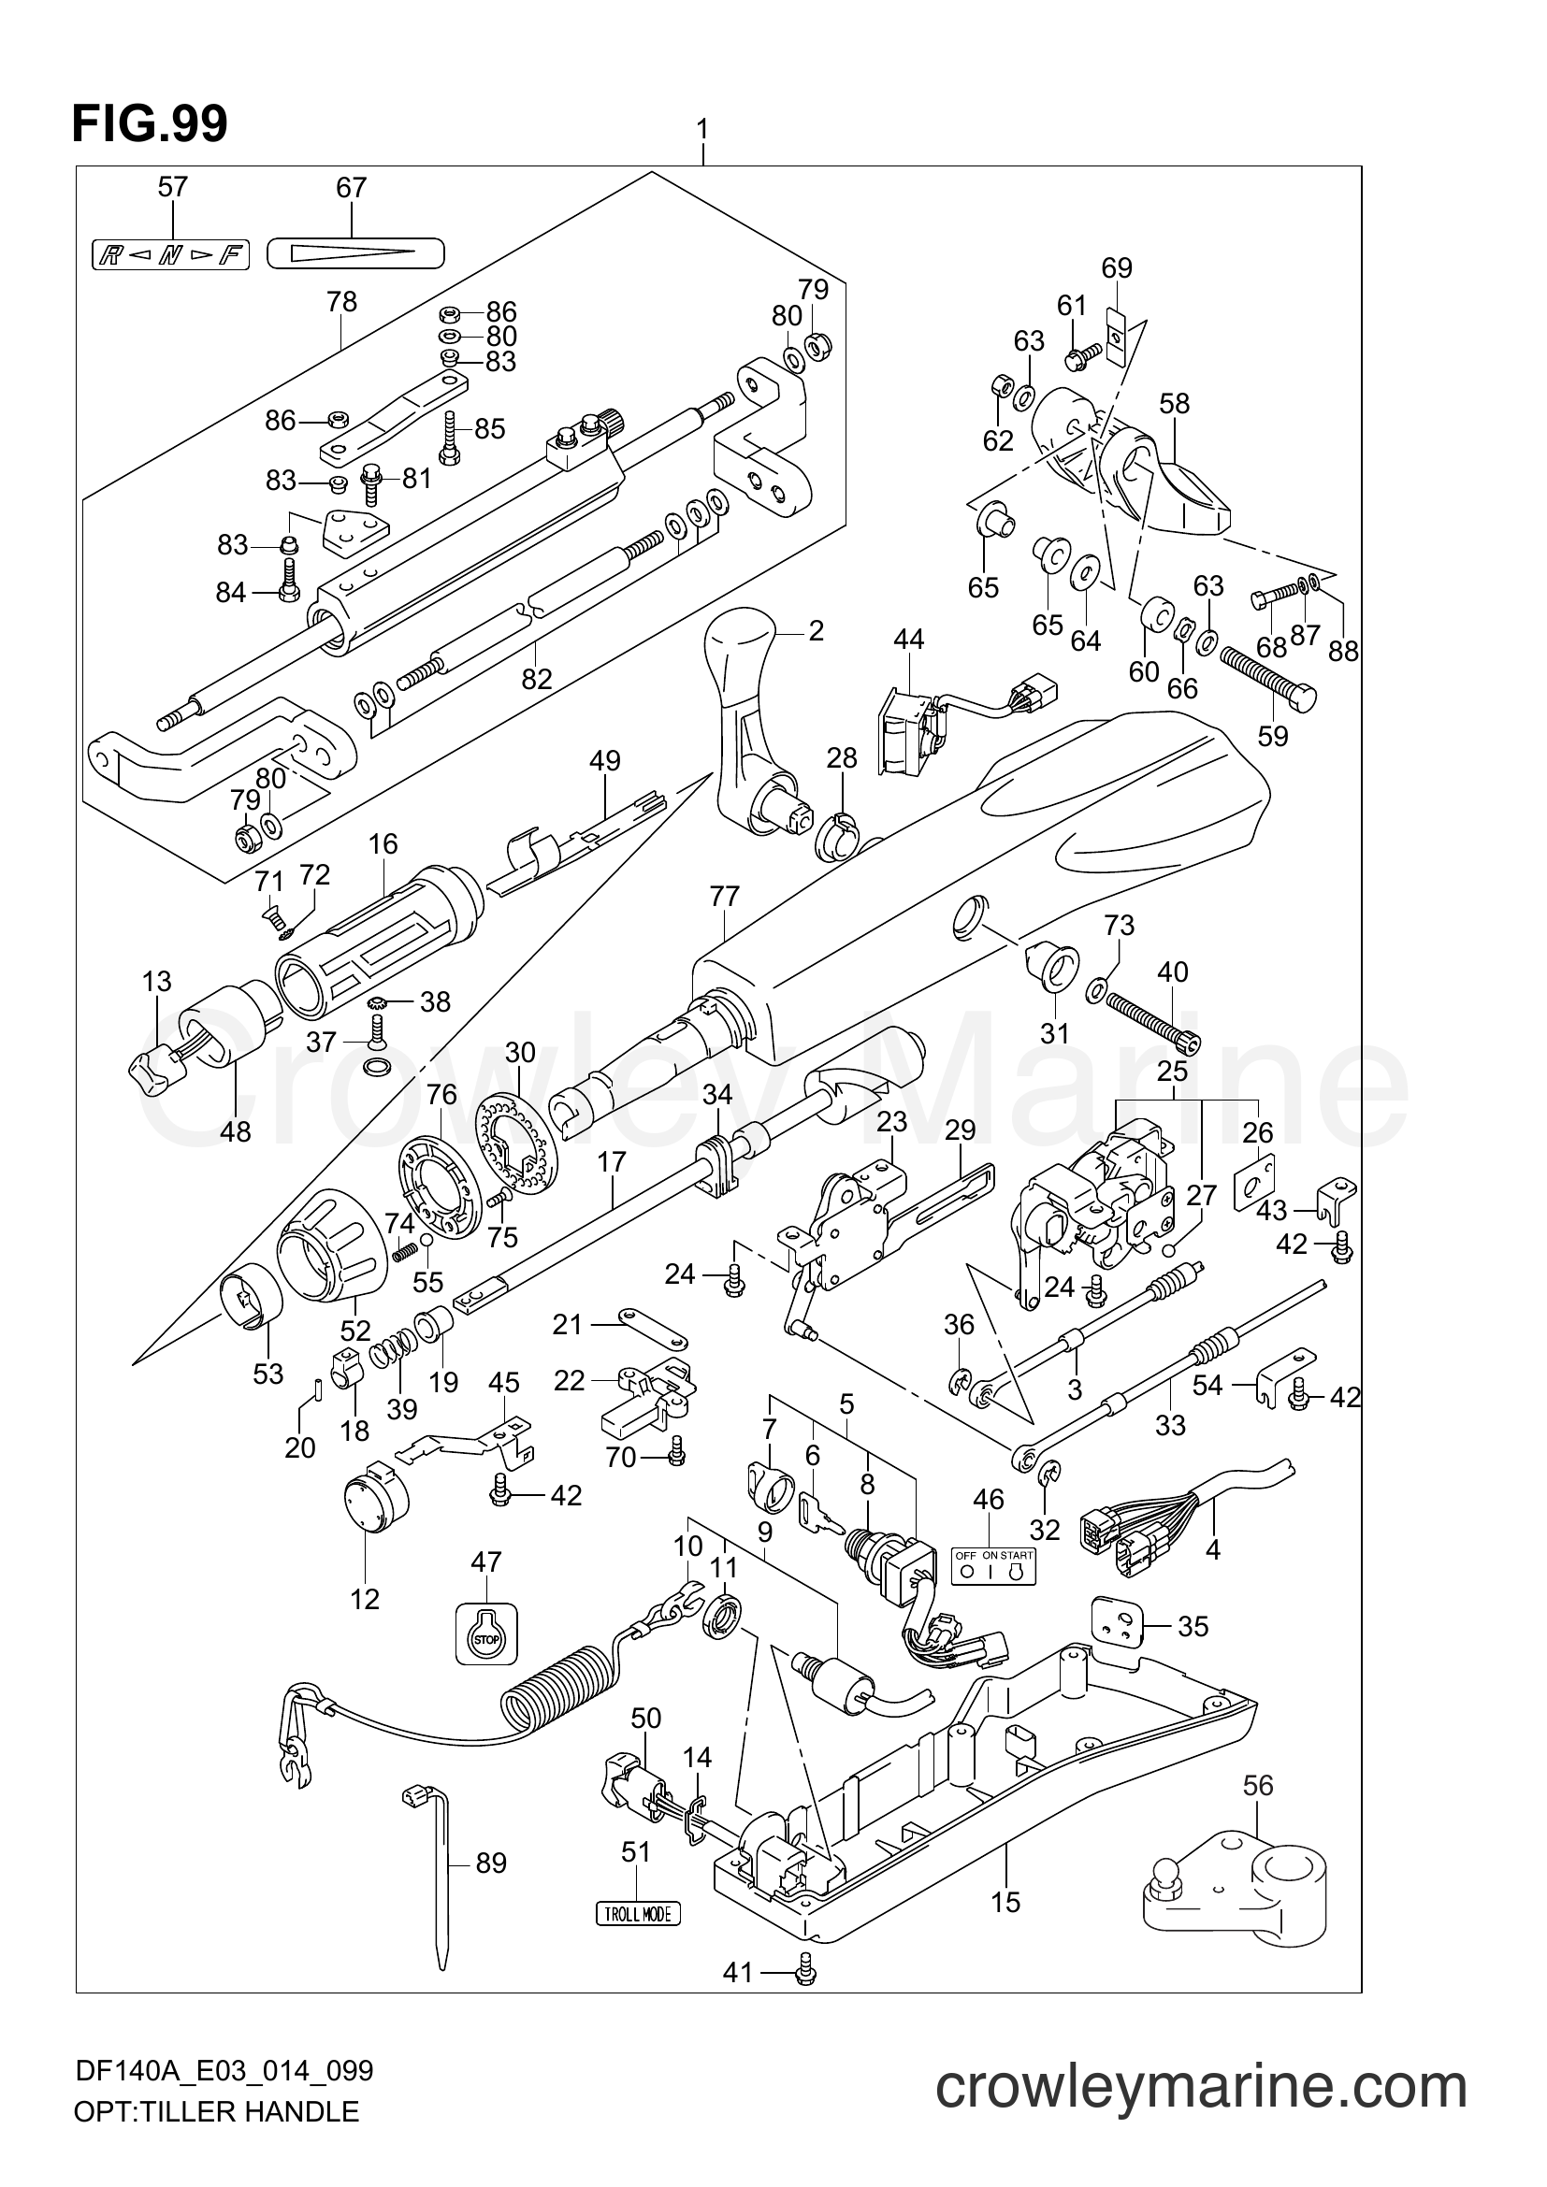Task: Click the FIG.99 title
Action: (x=150, y=122)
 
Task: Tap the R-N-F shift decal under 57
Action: (x=170, y=255)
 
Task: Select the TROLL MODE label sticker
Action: (x=637, y=1913)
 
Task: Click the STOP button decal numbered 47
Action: (x=485, y=1634)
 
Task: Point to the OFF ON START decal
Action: (x=993, y=1566)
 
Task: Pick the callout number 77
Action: (x=724, y=897)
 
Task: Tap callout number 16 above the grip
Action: (x=383, y=844)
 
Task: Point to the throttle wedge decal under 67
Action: (x=356, y=253)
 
